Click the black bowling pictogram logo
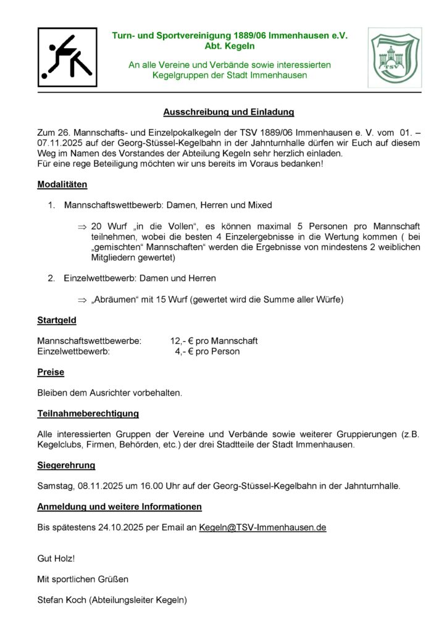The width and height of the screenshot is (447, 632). [67, 57]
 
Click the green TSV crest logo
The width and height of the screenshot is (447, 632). [395, 57]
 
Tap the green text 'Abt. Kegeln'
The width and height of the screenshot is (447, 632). [230, 46]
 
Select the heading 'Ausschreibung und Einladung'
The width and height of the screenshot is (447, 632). [228, 112]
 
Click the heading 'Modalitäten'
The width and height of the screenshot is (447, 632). [62, 185]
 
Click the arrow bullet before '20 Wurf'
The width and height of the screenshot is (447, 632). [81, 227]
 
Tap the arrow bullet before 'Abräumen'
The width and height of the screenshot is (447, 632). [81, 300]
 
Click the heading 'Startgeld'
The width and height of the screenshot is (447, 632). [57, 320]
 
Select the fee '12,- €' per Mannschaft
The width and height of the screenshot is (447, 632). [185, 341]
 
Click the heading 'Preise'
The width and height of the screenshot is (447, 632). [51, 372]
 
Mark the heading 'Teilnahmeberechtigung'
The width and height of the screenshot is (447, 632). [88, 414]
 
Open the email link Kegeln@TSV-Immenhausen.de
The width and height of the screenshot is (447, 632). [262, 527]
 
